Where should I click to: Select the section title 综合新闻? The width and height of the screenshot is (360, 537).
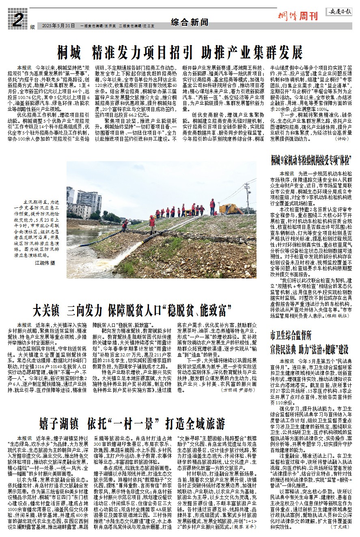point(186,22)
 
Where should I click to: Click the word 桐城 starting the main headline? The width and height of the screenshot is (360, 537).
point(69,52)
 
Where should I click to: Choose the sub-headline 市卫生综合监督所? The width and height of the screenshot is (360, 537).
point(291,336)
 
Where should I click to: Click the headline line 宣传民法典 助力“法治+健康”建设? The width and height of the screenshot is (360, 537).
point(310,348)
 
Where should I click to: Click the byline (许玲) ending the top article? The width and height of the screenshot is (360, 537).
point(342,138)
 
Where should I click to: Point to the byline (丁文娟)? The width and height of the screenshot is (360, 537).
point(339,526)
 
